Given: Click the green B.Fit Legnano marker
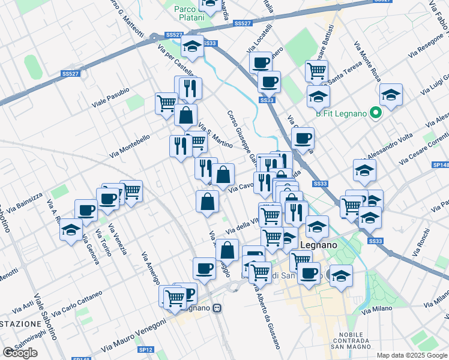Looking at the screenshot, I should pyautogui.click(x=376, y=112).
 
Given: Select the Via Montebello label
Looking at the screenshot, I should pyautogui.click(x=130, y=146).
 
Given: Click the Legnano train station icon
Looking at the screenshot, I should pyautogui.click(x=217, y=308).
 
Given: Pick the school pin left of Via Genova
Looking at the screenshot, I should pyautogui.click(x=71, y=230).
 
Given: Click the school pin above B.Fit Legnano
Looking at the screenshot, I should pyautogui.click(x=391, y=95).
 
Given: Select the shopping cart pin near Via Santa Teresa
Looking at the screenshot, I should pyautogui.click(x=316, y=71).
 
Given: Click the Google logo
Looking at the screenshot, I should pyautogui.click(x=20, y=353).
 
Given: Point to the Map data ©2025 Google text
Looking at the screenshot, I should pyautogui.click(x=412, y=355).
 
